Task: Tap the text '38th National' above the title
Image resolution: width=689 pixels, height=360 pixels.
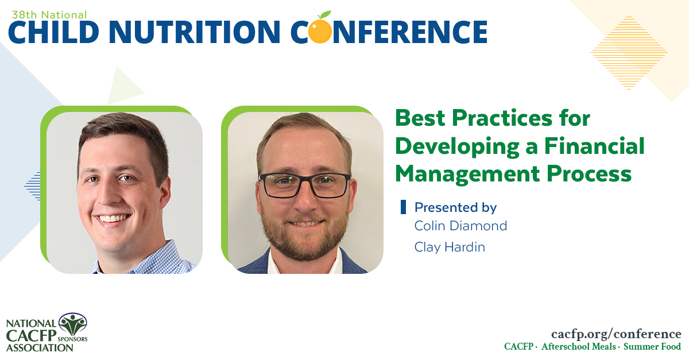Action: (49, 15)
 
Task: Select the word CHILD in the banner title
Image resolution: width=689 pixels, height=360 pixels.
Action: (53, 32)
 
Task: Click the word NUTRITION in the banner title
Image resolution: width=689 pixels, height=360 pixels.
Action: (195, 32)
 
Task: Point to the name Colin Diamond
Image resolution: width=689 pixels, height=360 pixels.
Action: (460, 226)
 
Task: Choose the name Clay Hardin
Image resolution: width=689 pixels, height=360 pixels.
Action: (450, 247)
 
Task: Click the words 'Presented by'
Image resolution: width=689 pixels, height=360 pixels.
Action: (455, 207)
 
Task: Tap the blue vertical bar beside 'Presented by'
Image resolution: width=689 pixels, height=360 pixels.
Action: (403, 207)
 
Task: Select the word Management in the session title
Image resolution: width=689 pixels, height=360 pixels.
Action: (467, 175)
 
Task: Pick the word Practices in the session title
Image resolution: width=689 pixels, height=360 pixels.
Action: (502, 118)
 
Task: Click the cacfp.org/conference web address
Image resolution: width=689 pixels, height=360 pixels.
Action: (616, 334)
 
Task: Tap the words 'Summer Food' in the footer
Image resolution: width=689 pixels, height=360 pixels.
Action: (652, 347)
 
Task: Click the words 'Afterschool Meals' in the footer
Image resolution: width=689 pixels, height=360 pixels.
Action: (579, 347)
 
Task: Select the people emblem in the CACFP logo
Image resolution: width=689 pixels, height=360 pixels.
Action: (73, 324)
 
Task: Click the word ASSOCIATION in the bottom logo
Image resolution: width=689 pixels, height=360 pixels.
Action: (40, 348)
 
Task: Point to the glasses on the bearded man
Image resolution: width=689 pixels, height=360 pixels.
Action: (304, 185)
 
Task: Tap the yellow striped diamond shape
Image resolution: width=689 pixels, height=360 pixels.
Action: (629, 52)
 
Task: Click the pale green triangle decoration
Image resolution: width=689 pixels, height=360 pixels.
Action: (123, 87)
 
